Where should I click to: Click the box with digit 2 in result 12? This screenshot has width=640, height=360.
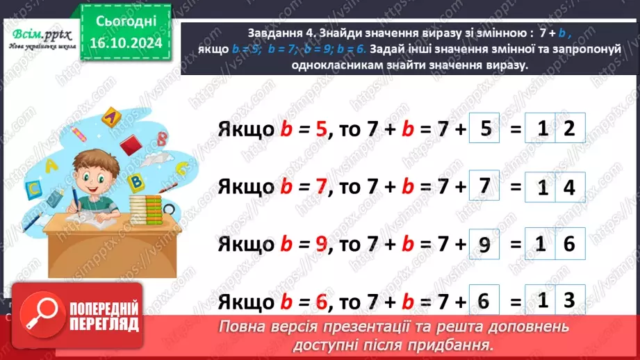(x=569, y=129)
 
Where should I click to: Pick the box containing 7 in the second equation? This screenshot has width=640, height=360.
(x=486, y=186)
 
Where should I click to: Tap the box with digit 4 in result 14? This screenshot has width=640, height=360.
(x=569, y=188)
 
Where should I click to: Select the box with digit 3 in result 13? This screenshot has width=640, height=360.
(x=569, y=300)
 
